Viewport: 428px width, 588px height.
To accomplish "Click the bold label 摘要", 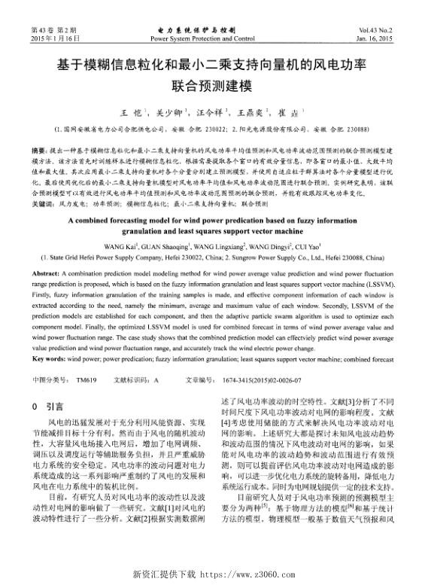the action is point(40,150).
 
